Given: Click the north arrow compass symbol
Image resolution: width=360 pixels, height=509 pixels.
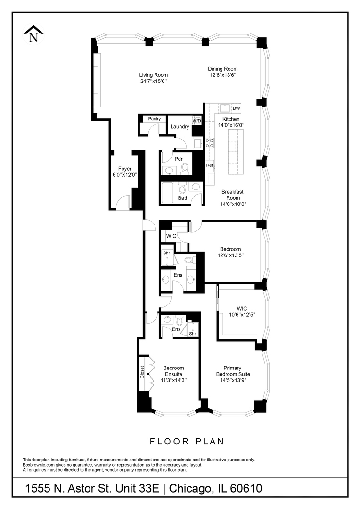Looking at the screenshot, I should [x=33, y=35].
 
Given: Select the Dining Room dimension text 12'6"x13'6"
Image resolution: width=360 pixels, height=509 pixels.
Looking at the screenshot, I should [x=223, y=75].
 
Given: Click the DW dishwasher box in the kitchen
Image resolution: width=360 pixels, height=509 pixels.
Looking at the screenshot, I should [x=236, y=108].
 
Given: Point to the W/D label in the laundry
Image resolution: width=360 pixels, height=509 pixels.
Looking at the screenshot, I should [x=196, y=121].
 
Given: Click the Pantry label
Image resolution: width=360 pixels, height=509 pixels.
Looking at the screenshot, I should [x=154, y=119].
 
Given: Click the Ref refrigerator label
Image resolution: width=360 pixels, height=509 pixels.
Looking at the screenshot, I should [x=209, y=165].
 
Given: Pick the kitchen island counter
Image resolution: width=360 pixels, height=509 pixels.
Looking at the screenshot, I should [x=234, y=152].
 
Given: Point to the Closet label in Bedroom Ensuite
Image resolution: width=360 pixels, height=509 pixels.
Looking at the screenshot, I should [x=142, y=373].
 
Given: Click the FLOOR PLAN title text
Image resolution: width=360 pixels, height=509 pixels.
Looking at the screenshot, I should [x=187, y=442].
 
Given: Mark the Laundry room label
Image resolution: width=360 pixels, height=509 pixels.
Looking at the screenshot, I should [x=180, y=126].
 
